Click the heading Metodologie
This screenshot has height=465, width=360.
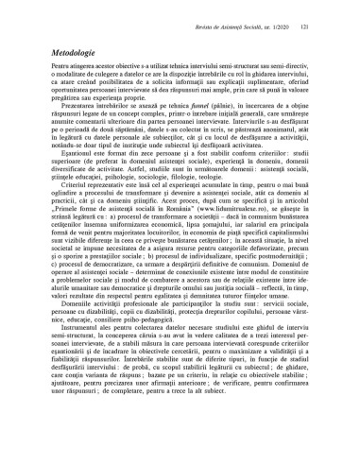click(x=50, y=57)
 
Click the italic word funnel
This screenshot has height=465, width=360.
click(x=186, y=125)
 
